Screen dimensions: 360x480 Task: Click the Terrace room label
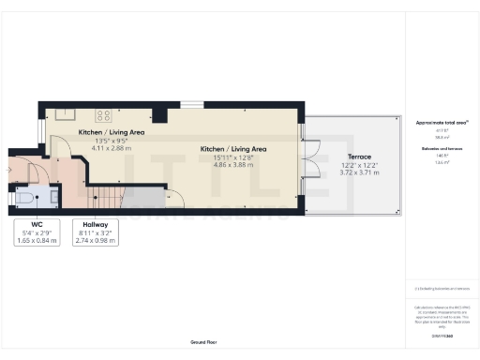tap(354, 157)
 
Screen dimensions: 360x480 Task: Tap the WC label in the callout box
tap(37, 225)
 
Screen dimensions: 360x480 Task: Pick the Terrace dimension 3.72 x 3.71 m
tap(354, 172)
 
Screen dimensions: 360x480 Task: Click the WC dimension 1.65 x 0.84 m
tap(37, 241)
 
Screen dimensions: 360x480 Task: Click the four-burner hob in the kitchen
tap(103, 115)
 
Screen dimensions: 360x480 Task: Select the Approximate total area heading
tap(435, 123)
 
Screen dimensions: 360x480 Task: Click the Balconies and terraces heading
tap(435, 148)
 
